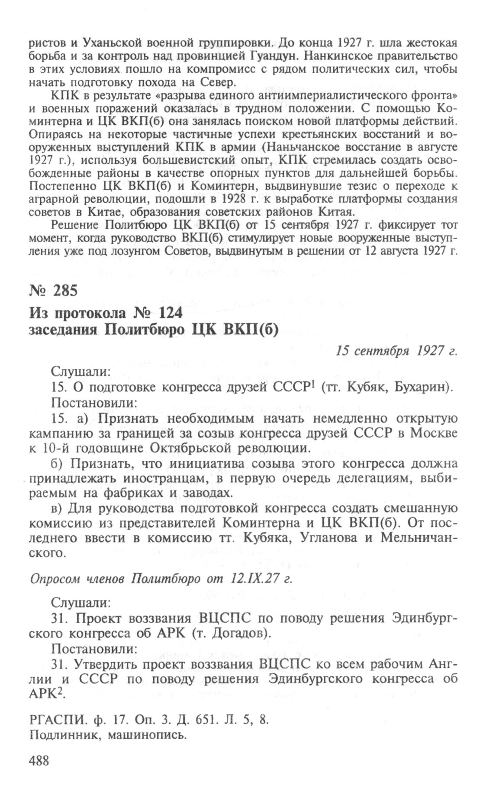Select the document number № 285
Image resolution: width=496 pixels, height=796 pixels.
point(53,291)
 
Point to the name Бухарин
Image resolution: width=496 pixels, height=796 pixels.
point(422,388)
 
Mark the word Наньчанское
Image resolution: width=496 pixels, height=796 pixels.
point(323,147)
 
